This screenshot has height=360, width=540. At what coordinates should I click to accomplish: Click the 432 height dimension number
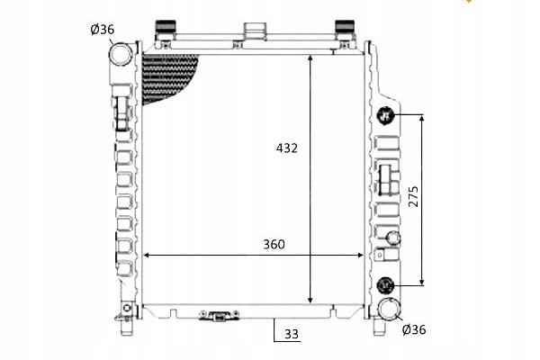tap(286, 148)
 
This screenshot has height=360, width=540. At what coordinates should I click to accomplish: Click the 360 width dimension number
tap(274, 244)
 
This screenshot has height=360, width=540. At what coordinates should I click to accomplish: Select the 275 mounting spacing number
tap(414, 196)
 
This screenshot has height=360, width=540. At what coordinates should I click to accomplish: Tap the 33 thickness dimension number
tap(292, 334)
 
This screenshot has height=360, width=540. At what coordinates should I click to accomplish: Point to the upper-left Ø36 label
tap(103, 30)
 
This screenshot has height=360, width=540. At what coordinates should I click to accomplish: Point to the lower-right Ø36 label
tap(414, 329)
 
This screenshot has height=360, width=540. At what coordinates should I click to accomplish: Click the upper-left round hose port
tap(121, 54)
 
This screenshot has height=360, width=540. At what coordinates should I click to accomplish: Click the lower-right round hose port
tap(390, 309)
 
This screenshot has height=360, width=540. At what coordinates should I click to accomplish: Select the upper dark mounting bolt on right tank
tap(385, 115)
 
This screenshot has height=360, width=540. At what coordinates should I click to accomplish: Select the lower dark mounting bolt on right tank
tap(385, 285)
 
